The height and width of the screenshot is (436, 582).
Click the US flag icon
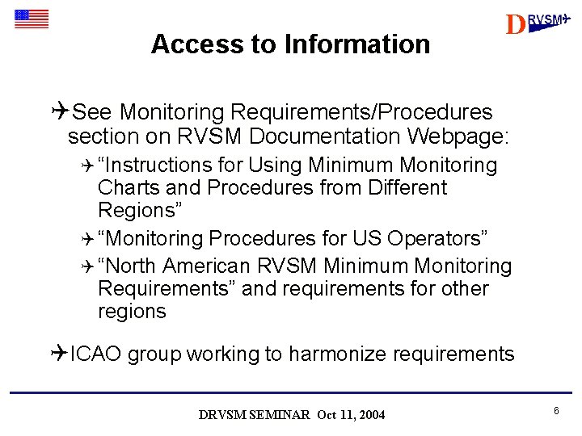point(32,19)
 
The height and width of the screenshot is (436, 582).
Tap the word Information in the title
point(357,44)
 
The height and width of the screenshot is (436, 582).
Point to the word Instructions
point(158,166)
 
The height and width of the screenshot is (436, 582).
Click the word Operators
point(437,239)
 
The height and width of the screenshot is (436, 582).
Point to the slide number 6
point(557,412)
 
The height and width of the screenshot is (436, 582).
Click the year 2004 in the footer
point(372,415)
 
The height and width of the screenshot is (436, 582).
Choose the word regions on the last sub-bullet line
point(132,312)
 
